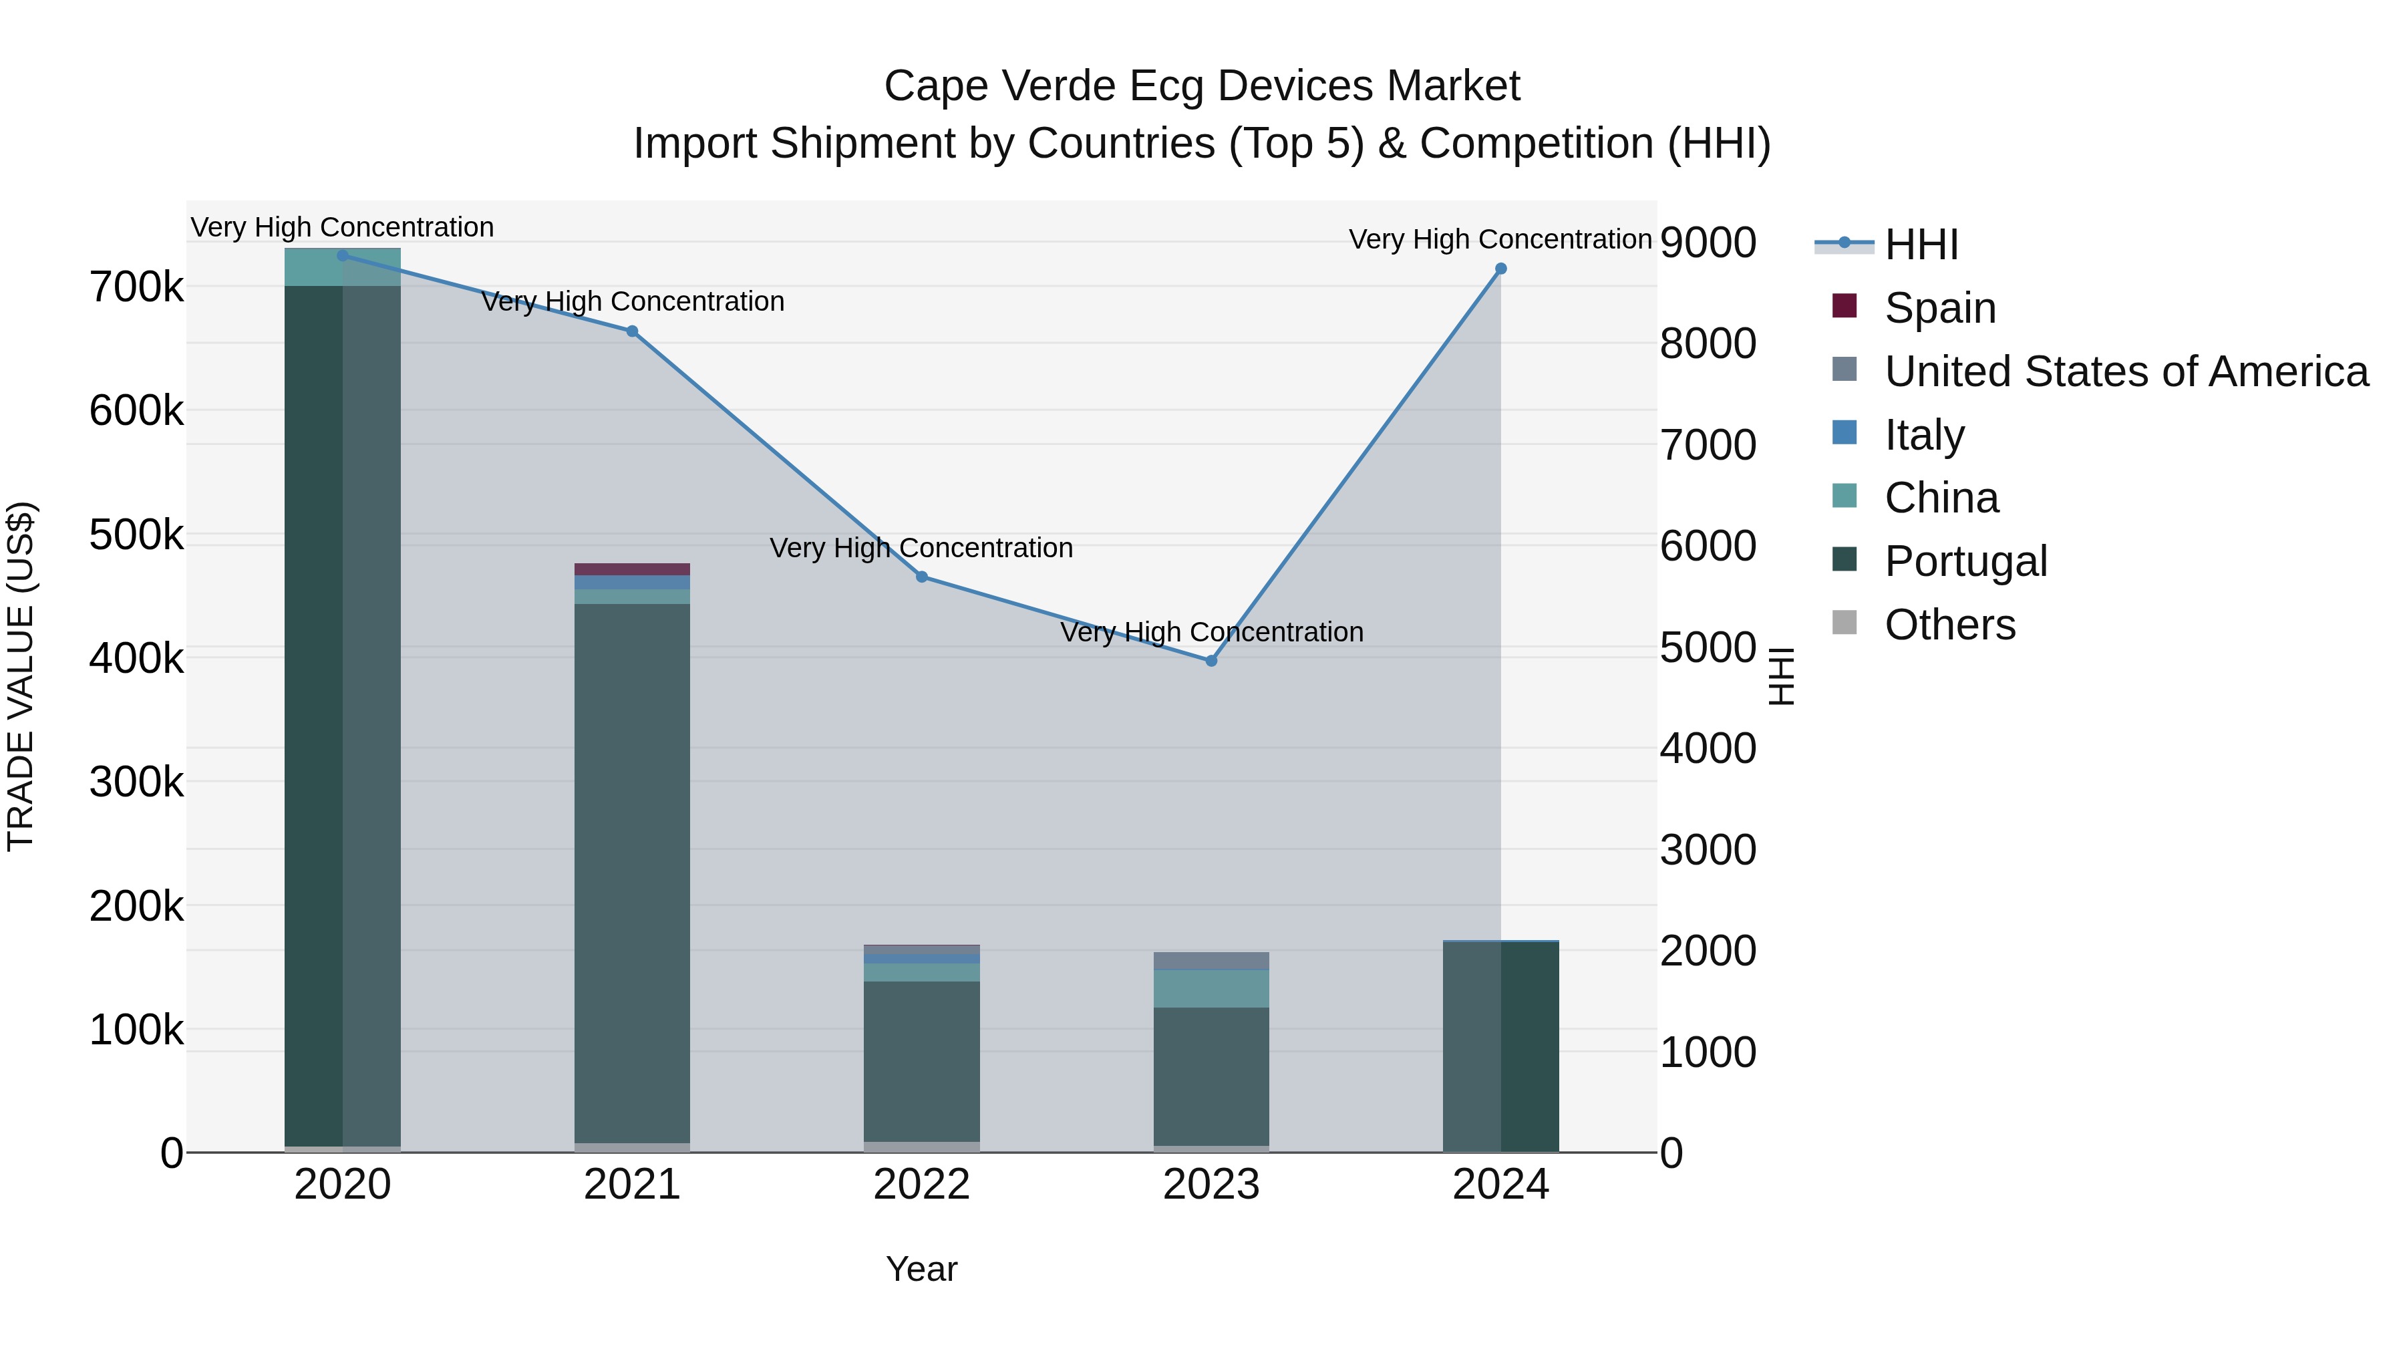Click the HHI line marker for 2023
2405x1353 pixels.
(x=1211, y=660)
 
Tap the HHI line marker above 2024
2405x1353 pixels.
(x=1500, y=269)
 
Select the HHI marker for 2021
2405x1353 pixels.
(x=632, y=331)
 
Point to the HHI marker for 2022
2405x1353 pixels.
(x=921, y=577)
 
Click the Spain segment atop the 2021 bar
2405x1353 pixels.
(x=632, y=569)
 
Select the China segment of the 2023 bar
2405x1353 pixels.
(x=1211, y=988)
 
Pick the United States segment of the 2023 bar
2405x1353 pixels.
(x=1211, y=961)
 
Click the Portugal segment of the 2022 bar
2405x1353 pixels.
(x=921, y=1061)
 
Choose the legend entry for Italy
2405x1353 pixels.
(x=1924, y=435)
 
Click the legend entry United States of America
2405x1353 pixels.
(x=2126, y=371)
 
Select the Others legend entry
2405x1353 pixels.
(x=1949, y=625)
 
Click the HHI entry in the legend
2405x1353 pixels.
(x=1921, y=245)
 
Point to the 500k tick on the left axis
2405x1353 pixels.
(x=136, y=535)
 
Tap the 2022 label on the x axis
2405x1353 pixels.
(x=921, y=1185)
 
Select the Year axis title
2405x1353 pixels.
(x=921, y=1269)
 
